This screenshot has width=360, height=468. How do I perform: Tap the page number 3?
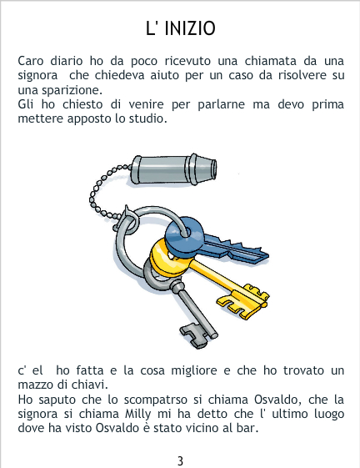pos(180,460)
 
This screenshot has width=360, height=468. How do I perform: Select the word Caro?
pos(31,61)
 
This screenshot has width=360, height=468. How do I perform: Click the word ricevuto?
pos(187,61)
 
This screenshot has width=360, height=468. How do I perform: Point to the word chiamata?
pos(271,61)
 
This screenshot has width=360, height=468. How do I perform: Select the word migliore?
pos(194,370)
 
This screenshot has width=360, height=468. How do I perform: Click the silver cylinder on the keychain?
pos(173,169)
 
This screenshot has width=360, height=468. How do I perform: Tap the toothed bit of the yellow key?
pos(243,301)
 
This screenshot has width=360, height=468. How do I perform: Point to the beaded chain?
pos(102,194)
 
